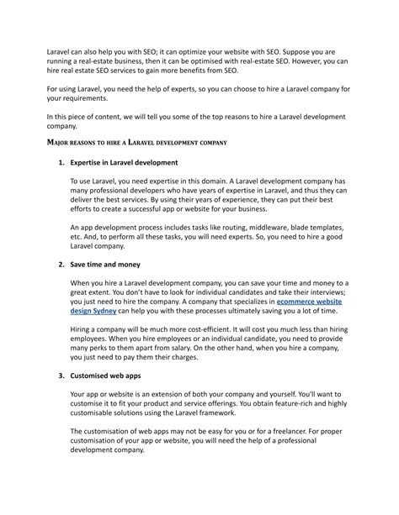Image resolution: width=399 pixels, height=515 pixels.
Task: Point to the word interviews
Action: pos(317,310)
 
